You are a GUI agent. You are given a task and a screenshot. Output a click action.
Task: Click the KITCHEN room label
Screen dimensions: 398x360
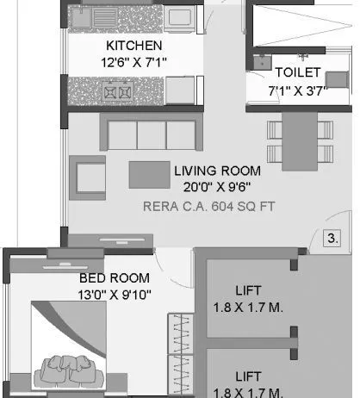[x=133, y=45]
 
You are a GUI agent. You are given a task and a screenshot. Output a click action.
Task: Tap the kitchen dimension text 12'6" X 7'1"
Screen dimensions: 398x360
[x=133, y=61]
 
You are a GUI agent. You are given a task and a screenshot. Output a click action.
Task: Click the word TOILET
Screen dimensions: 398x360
[x=298, y=73]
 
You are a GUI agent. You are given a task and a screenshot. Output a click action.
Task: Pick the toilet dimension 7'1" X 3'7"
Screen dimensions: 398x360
[x=298, y=90]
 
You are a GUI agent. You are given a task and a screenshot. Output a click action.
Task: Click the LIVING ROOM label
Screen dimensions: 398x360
[x=216, y=171]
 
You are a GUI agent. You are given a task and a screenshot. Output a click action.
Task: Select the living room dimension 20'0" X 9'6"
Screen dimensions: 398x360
[x=216, y=187]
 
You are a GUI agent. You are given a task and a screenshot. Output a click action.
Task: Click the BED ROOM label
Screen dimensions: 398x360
[x=114, y=278]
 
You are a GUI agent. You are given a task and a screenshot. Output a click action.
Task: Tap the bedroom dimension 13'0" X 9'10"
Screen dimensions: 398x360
[x=114, y=294]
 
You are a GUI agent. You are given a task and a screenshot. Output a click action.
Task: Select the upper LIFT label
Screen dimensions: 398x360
[x=248, y=290]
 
